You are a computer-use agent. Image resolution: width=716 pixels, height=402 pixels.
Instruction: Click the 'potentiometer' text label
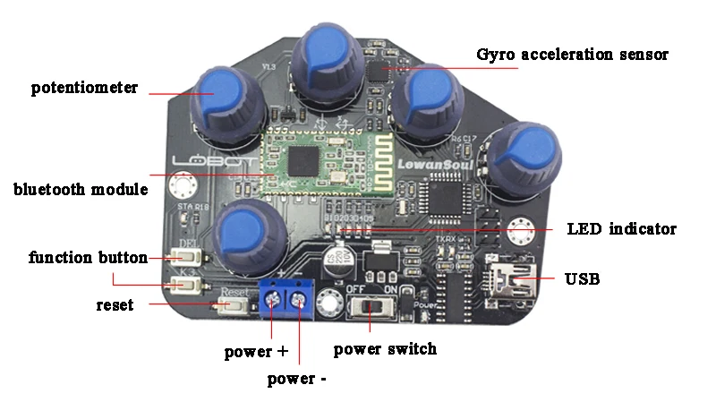click(84, 88)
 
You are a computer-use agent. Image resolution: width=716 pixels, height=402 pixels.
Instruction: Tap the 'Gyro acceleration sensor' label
click(573, 55)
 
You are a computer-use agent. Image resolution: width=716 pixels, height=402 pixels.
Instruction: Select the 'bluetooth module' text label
click(81, 190)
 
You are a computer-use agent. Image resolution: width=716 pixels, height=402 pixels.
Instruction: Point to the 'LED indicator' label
click(622, 228)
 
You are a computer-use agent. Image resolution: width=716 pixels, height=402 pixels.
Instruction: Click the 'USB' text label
click(582, 278)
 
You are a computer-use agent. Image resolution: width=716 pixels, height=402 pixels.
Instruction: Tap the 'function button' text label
click(88, 258)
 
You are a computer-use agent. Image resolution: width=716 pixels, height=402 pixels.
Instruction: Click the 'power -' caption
click(296, 379)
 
